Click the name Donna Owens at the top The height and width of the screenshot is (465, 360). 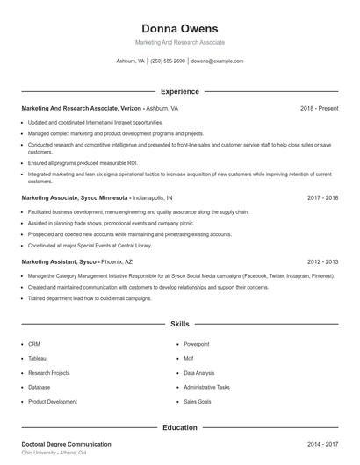tap(180, 29)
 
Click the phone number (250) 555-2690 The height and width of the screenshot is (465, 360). tap(168, 61)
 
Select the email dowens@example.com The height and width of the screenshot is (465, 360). tap(217, 61)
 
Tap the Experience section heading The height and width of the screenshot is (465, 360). tap(180, 91)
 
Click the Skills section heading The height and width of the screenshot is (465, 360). tap(180, 324)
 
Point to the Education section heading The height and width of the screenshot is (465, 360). tap(180, 427)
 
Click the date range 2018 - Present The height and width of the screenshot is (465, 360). tap(319, 108)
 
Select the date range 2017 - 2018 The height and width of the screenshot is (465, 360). tap(323, 198)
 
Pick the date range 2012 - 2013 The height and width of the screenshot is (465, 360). tap(323, 261)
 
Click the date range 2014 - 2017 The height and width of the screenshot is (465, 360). tap(323, 445)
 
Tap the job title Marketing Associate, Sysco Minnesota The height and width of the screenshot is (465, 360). tap(76, 198)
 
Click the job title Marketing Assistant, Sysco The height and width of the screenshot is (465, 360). tap(59, 261)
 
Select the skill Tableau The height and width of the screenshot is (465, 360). tap(37, 358)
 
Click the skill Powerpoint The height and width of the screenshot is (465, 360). tap(197, 344)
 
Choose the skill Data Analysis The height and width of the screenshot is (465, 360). tap(198, 372)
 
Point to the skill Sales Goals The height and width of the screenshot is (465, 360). tap(198, 401)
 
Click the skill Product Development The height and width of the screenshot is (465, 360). tap(53, 401)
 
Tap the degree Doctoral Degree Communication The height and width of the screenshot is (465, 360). tap(67, 445)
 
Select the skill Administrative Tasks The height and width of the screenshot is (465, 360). tap(206, 387)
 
